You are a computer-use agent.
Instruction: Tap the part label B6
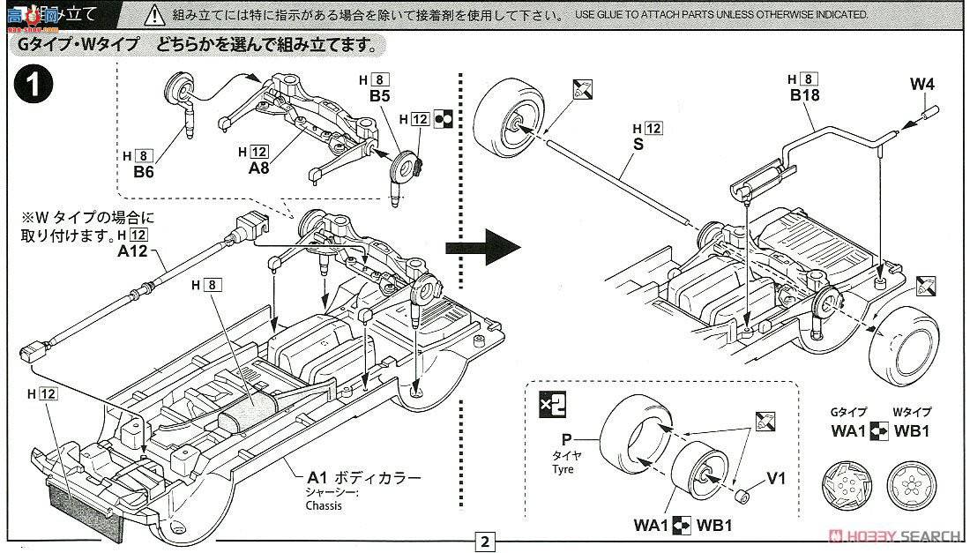pos(144,172)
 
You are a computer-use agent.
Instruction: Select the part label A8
pos(257,168)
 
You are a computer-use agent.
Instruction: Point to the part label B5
pos(380,96)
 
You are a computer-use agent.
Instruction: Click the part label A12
pos(131,250)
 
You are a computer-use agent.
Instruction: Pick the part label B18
pos(804,95)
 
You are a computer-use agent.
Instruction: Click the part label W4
pos(921,85)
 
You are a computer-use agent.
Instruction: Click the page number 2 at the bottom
pos(485,541)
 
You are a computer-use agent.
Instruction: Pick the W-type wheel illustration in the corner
pos(907,482)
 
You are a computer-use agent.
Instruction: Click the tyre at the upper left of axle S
pos(509,122)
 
